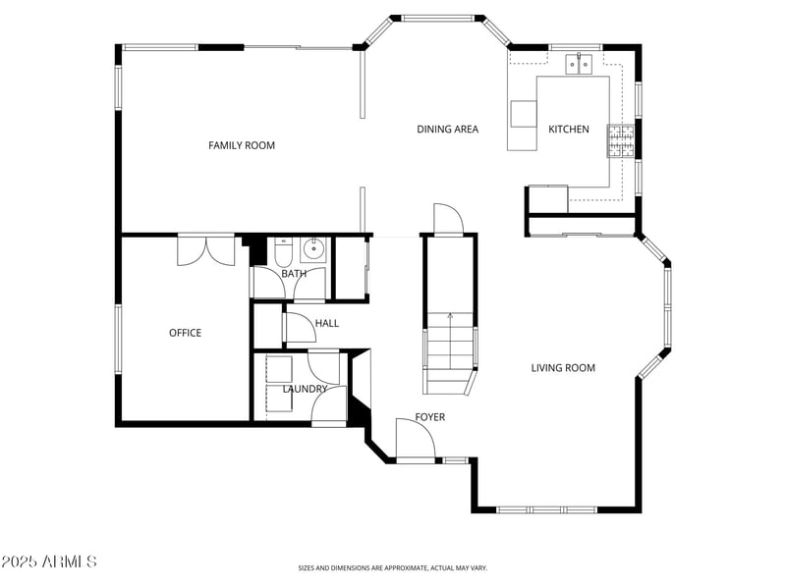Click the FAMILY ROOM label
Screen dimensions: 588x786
pos(242,145)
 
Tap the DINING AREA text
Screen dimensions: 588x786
pos(447,129)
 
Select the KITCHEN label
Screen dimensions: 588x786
pos(568,129)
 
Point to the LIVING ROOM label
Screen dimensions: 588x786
pos(563,368)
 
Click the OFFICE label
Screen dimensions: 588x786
pos(185,333)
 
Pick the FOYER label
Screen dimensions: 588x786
pos(429,417)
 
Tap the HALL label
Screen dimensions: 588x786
pos(326,323)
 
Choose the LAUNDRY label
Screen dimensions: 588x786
pos(305,389)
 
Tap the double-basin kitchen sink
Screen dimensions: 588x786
pos(579,65)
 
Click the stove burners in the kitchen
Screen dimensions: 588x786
pos(620,140)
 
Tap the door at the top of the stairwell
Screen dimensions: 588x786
pos(447,218)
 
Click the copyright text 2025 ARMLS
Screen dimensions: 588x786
pos(49,562)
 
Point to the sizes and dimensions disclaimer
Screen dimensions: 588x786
pos(392,567)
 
